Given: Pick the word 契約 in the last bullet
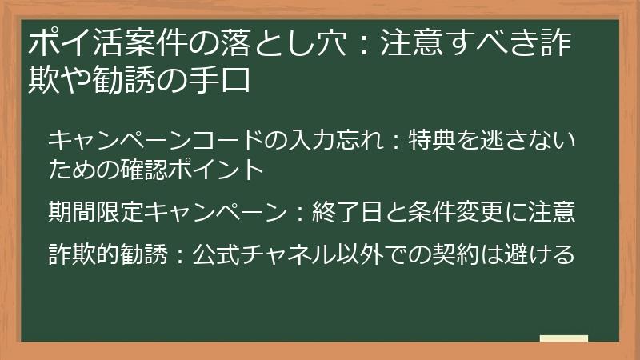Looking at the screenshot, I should (454, 254).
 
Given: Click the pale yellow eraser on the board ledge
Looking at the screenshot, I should (563, 338).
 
